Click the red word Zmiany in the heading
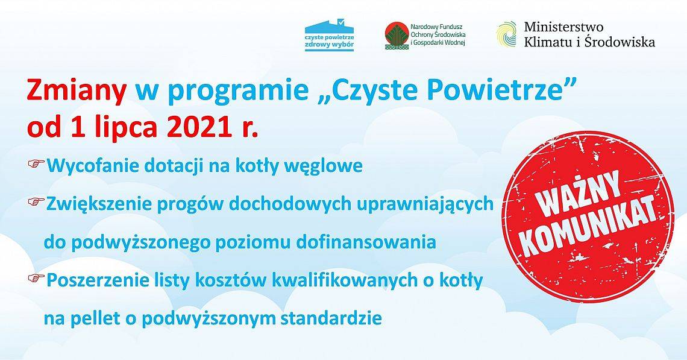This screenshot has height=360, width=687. coord(77,91)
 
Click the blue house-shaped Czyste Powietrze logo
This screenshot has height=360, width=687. coord(329,36)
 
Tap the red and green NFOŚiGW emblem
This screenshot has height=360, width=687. coord(395,35)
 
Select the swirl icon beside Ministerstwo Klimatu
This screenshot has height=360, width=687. coord(506,34)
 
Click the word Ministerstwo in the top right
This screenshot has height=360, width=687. coord(563,27)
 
